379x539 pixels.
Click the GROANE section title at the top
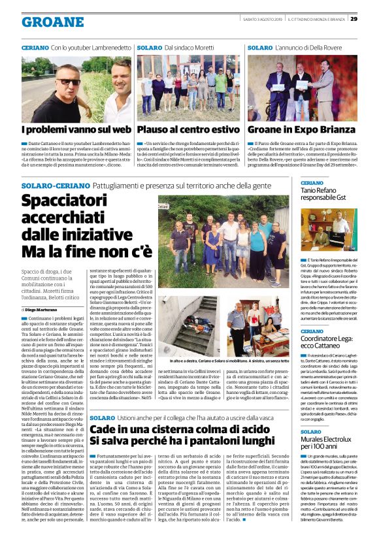[52, 22]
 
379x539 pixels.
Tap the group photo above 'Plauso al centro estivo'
[189, 88]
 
